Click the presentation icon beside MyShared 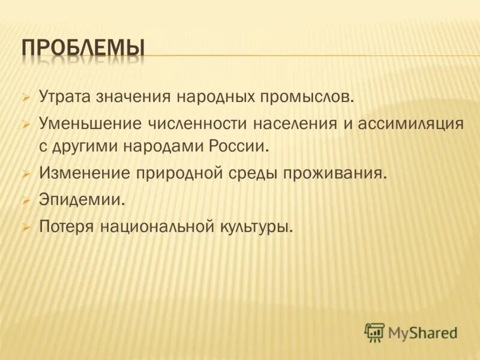pyautogui.click(x=374, y=332)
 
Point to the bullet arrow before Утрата pyautogui.click(x=26, y=97)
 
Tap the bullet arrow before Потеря pyautogui.click(x=26, y=227)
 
